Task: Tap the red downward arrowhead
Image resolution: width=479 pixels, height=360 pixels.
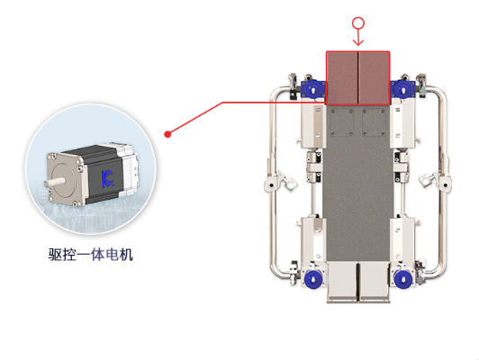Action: tap(358, 42)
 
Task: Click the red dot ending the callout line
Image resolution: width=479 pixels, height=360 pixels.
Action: tap(167, 134)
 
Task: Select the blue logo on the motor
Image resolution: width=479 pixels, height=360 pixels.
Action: tap(107, 178)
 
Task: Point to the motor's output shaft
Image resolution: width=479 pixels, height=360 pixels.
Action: tap(54, 183)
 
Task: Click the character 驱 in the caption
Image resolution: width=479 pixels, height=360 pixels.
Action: tap(55, 255)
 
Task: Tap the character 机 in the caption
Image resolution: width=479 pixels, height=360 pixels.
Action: tap(126, 255)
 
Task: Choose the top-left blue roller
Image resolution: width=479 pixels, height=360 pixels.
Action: tap(313, 89)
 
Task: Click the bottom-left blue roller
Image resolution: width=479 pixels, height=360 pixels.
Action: tap(312, 279)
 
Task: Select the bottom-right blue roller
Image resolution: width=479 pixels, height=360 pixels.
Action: tap(402, 279)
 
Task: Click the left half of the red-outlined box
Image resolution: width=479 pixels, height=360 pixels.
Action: tap(342, 78)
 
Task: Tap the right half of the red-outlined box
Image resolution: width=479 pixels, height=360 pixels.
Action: tap(374, 78)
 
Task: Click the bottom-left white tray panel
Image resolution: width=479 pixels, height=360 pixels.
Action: tap(342, 282)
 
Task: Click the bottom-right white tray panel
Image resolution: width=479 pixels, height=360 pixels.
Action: tap(375, 282)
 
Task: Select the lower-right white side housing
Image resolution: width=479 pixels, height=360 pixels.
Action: tap(402, 239)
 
